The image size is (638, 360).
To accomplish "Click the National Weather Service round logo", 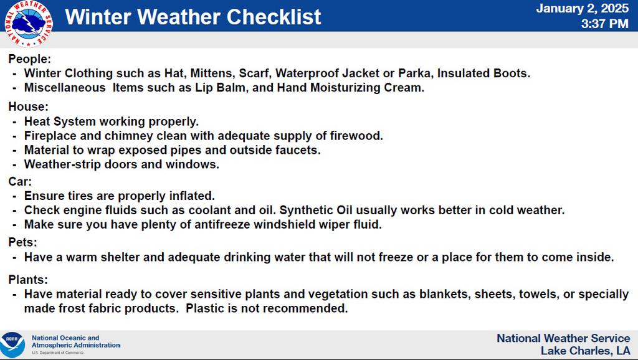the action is click(x=29, y=24).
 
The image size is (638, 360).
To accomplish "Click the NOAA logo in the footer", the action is click(x=12, y=345).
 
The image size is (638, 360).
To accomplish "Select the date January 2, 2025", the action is click(x=583, y=9).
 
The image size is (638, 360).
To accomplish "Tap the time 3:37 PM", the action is click(x=604, y=24).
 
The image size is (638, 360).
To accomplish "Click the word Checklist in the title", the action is click(x=274, y=17).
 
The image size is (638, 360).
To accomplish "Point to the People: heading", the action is click(x=30, y=59).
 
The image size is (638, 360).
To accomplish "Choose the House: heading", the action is click(x=29, y=107).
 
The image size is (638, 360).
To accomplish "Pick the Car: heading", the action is click(x=20, y=181).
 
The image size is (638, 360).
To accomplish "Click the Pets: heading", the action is click(x=23, y=242).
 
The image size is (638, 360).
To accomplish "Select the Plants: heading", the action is click(x=28, y=280).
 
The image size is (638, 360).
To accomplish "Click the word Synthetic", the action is click(x=306, y=211).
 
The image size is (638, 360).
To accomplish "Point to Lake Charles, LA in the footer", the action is click(x=586, y=351).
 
